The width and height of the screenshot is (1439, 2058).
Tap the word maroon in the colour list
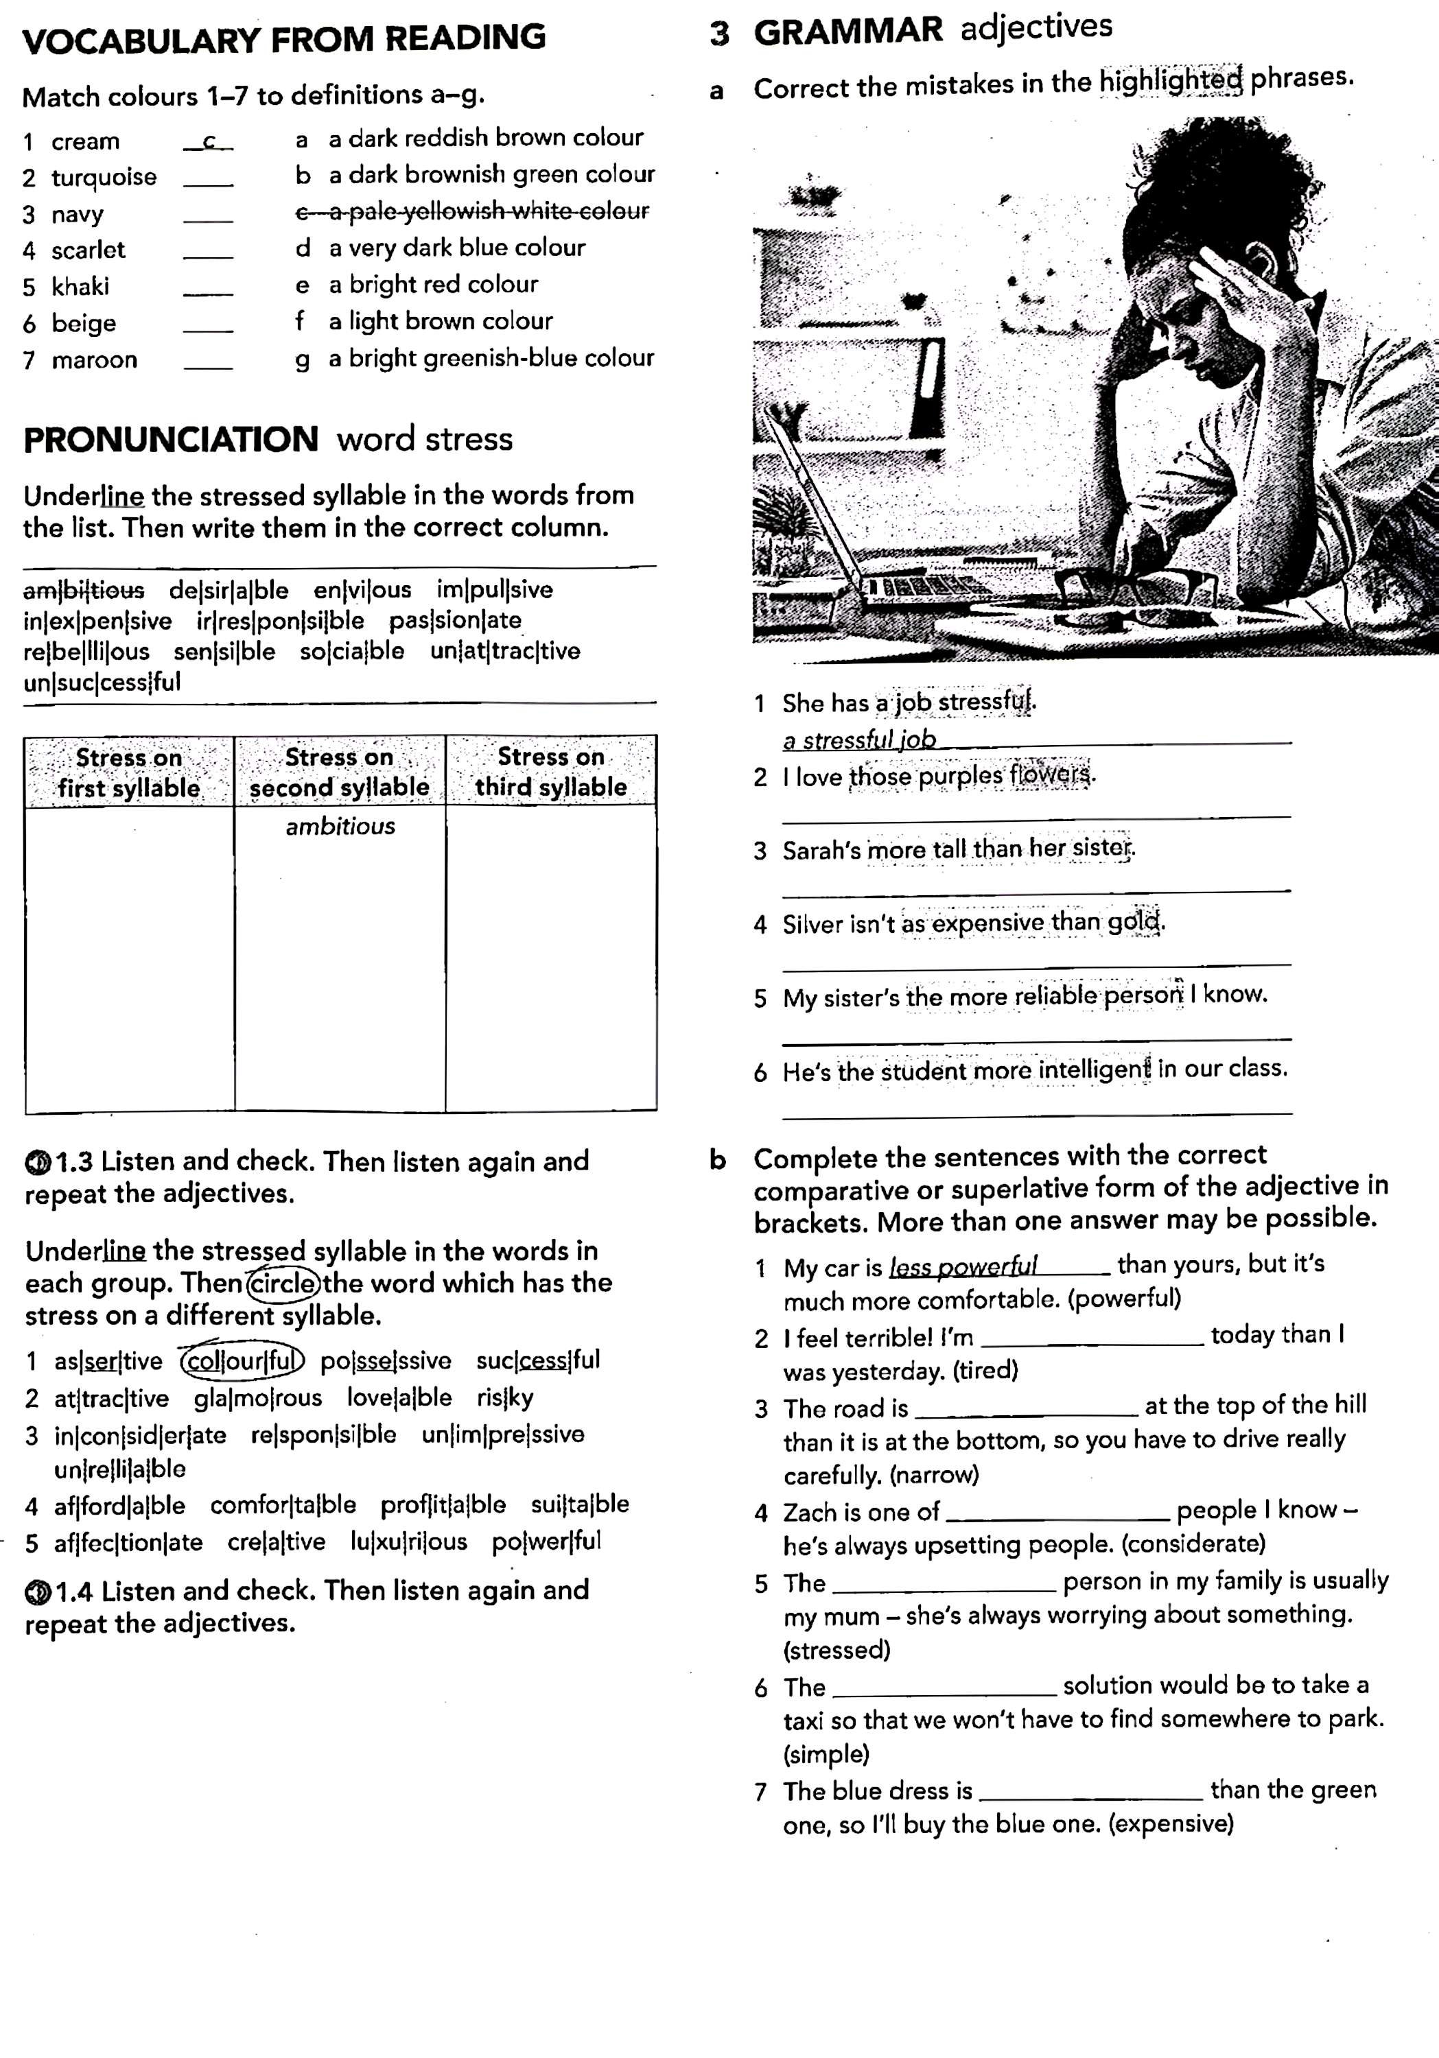[x=94, y=360]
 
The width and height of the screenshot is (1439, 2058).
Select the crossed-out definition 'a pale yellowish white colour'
[x=489, y=211]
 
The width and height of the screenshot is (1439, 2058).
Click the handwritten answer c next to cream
[x=209, y=141]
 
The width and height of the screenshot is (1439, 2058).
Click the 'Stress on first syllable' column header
[x=129, y=772]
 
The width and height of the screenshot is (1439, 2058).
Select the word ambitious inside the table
[x=340, y=827]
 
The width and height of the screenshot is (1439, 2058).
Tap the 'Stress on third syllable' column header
[x=550, y=772]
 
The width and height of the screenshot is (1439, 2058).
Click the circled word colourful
[x=242, y=1360]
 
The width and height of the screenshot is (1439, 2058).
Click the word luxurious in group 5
[x=409, y=1541]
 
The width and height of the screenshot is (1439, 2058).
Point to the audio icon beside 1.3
[x=38, y=1163]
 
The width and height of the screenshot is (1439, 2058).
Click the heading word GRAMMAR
[x=847, y=32]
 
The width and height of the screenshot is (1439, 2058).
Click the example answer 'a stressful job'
[x=859, y=740]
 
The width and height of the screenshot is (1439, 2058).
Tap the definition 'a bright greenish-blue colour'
[x=491, y=359]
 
